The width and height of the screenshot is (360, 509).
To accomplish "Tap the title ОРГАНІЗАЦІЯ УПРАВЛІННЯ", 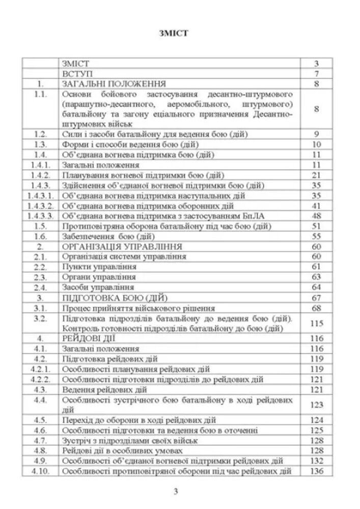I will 122,246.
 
